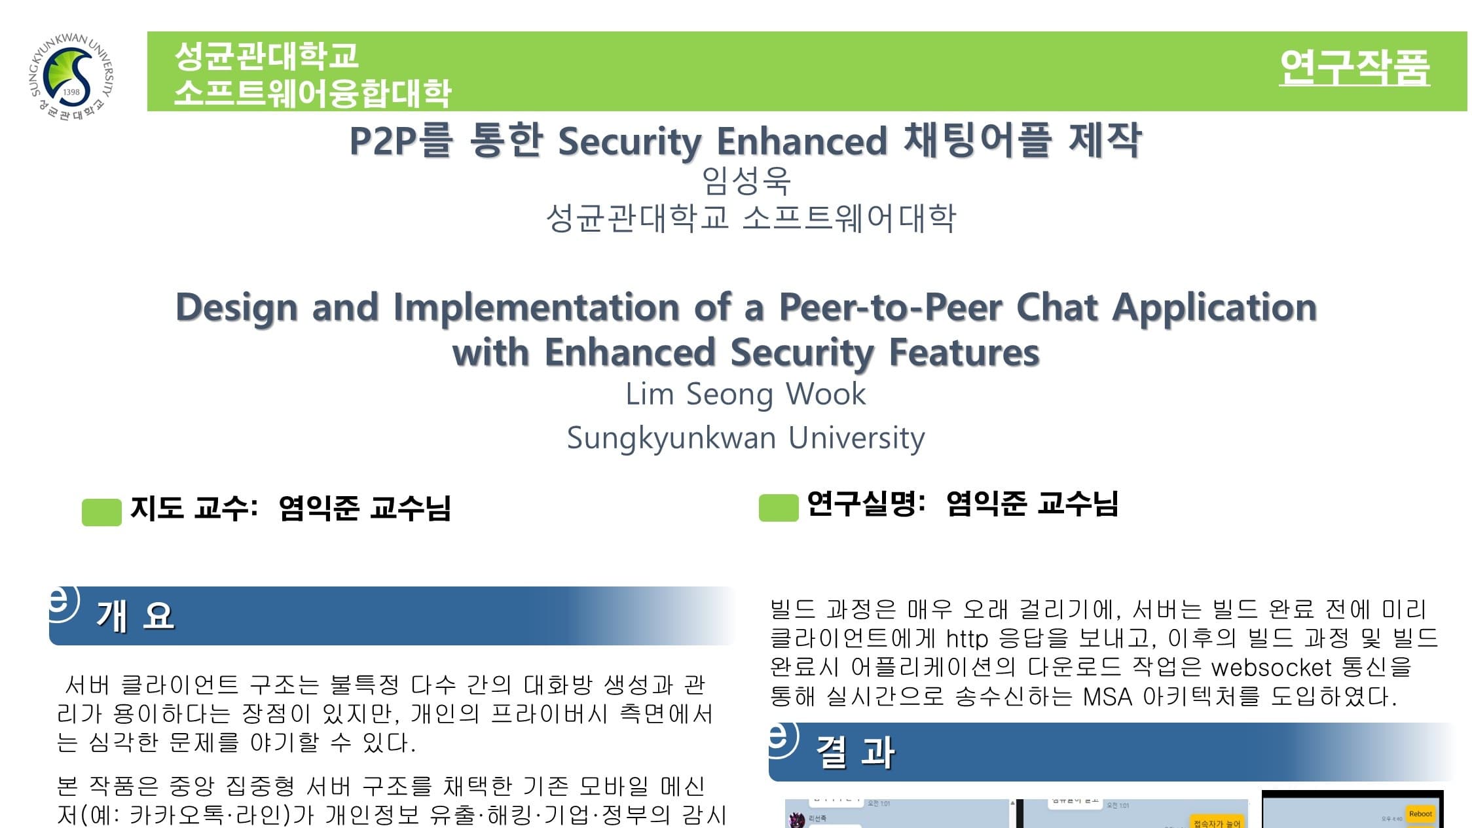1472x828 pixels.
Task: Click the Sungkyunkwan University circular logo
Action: [72, 77]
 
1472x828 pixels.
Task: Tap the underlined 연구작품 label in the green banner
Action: [1354, 67]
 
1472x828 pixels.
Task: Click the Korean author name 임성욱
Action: [746, 181]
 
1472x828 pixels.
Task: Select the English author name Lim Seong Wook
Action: [745, 394]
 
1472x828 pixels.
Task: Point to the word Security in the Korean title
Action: [629, 141]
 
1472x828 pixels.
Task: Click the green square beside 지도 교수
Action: [101, 512]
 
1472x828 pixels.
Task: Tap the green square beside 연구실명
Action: [778, 508]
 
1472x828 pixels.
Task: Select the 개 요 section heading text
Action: [136, 616]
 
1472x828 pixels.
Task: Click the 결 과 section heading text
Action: [855, 752]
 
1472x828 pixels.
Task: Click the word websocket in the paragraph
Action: [1271, 668]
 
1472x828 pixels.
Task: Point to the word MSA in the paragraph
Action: [1107, 696]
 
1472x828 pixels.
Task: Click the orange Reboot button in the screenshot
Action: [1420, 814]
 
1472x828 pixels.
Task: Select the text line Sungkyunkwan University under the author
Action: [745, 437]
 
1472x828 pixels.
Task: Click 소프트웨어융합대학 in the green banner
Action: [312, 93]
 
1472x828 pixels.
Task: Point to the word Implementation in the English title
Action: [536, 307]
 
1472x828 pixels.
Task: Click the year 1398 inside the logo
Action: [71, 92]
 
